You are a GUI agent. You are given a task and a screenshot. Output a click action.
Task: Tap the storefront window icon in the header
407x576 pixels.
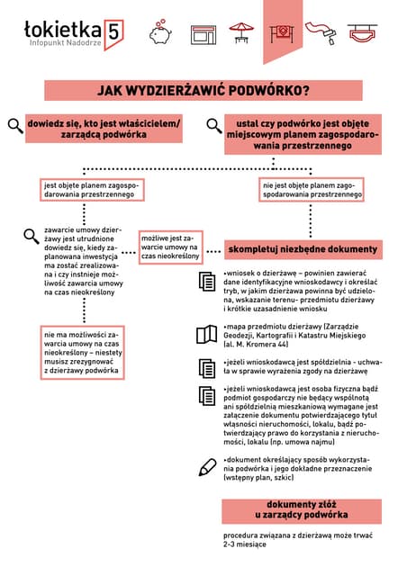pyautogui.click(x=203, y=31)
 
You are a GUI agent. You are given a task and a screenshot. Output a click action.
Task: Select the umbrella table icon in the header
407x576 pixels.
pyautogui.click(x=242, y=31)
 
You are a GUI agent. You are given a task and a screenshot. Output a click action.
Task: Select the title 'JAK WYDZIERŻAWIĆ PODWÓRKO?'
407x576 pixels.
pyautogui.click(x=204, y=90)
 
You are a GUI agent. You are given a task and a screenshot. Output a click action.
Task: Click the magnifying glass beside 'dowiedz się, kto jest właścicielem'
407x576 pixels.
pyautogui.click(x=16, y=126)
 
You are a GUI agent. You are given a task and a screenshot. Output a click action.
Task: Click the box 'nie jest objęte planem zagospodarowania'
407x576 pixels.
pyautogui.click(x=312, y=190)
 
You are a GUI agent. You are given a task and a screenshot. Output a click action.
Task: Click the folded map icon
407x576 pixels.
pyautogui.click(x=205, y=334)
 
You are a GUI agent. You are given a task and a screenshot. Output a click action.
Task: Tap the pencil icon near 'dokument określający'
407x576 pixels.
pyautogui.click(x=207, y=466)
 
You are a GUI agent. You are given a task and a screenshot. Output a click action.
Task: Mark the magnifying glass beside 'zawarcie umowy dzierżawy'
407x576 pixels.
pyautogui.click(x=32, y=237)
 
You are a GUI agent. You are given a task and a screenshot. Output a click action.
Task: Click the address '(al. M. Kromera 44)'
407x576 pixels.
pyautogui.click(x=258, y=345)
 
